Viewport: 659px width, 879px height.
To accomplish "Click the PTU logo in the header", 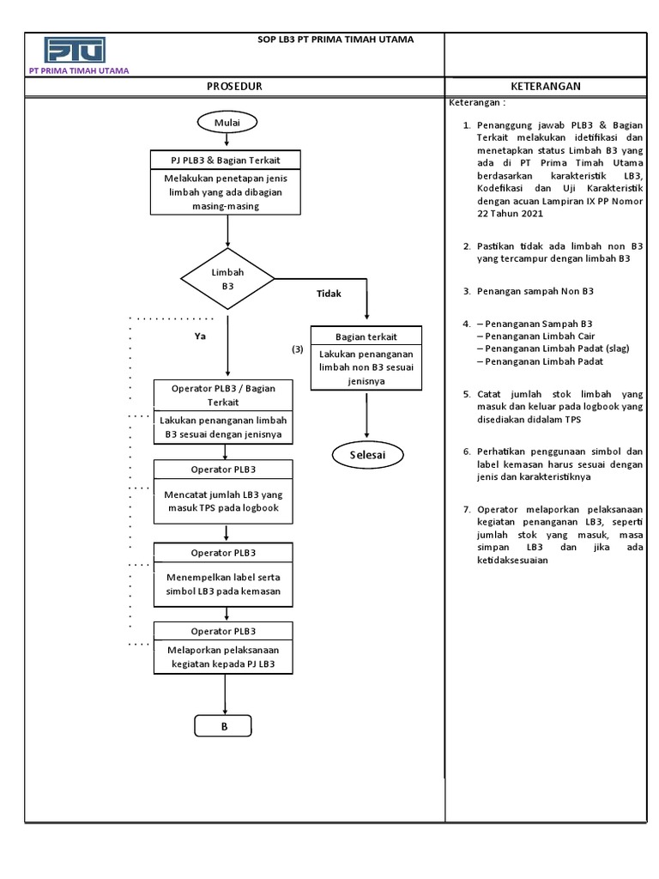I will (x=75, y=50).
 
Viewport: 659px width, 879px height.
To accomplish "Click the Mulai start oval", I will (x=227, y=123).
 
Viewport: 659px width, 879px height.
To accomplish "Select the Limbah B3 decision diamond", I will (x=227, y=279).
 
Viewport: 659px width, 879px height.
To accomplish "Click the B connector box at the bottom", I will (x=223, y=726).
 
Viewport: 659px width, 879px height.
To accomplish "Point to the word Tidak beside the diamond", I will (x=329, y=294).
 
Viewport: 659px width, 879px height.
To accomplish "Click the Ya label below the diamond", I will (x=200, y=336).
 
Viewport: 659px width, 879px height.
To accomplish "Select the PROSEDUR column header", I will (x=233, y=87).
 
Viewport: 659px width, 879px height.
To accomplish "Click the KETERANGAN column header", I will (x=546, y=87).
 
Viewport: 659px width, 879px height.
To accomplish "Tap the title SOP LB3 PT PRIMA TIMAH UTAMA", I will (x=336, y=39).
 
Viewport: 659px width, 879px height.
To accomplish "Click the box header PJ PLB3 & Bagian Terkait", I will (x=227, y=161).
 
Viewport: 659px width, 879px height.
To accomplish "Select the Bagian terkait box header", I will (x=366, y=336).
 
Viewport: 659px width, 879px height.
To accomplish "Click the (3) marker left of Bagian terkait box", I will (x=297, y=349).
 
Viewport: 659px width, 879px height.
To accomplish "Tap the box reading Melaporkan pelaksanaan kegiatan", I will (x=223, y=658).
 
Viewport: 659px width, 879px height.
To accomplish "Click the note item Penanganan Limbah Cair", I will (x=540, y=336).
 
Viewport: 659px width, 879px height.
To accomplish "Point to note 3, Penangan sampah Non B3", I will (x=535, y=291).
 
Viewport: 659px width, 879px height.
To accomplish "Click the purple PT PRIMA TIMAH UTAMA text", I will (x=79, y=71).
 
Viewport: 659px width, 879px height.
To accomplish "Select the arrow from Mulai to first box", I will (x=227, y=142).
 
